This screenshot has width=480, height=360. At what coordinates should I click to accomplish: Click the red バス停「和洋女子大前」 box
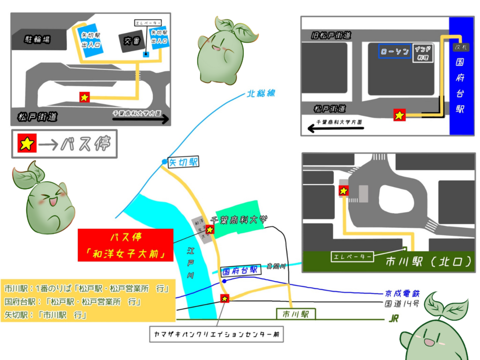126,245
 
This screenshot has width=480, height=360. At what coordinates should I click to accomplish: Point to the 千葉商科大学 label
239,219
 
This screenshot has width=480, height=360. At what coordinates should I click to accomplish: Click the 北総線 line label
261,94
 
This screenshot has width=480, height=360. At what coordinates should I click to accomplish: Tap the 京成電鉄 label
403,293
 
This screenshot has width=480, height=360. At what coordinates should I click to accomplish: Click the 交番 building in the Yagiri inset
129,41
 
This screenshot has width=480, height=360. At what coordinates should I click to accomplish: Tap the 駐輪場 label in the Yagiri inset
37,39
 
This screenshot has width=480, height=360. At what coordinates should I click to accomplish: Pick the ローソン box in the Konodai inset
395,51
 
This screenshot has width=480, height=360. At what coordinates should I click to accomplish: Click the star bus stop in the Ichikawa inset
344,191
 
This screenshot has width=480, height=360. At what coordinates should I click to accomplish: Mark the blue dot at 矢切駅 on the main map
164,162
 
